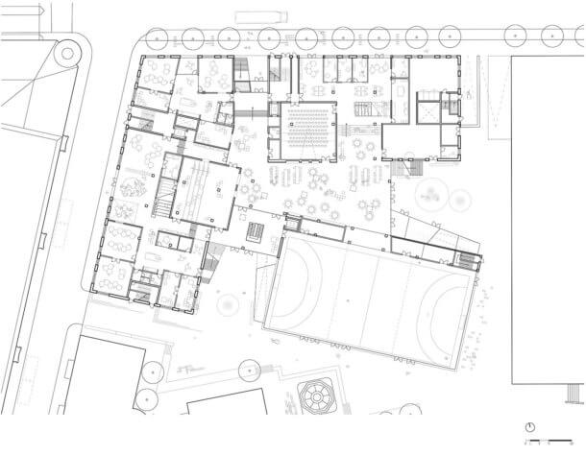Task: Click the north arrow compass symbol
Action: [x=529, y=426]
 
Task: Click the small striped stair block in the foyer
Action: [x=256, y=231]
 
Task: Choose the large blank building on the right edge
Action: [x=548, y=221]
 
